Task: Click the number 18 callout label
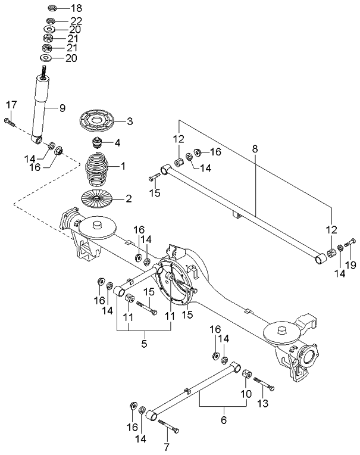tap(77, 8)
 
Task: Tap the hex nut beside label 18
tap(51, 8)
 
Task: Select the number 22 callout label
tap(77, 21)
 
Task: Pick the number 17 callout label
tap(11, 105)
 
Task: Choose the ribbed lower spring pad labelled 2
tap(97, 197)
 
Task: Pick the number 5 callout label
tap(144, 343)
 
